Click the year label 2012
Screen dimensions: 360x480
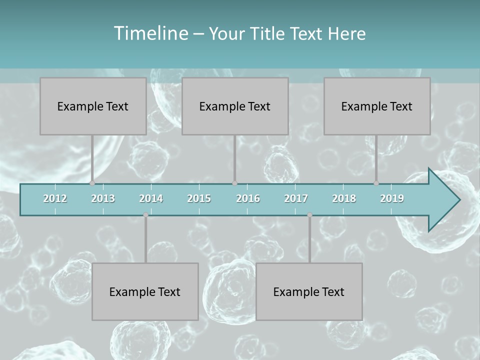[x=55, y=198]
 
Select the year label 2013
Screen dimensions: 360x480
[x=103, y=198]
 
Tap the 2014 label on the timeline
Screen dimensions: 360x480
[x=151, y=198]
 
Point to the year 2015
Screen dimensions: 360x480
[x=199, y=198]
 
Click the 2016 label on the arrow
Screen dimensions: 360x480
[x=248, y=198]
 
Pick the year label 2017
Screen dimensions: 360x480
[x=296, y=198]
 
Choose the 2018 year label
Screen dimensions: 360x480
[x=344, y=198]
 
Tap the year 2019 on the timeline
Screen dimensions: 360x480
[x=392, y=198]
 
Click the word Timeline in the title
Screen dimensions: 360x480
[x=150, y=33]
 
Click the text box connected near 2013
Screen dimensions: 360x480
[x=93, y=106]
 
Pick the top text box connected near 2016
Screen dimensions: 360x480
[x=235, y=106]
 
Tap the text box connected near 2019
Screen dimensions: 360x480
[x=377, y=106]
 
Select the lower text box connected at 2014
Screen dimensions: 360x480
[x=145, y=291]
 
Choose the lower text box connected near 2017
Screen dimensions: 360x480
[x=309, y=291]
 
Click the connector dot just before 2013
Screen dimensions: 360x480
[x=92, y=183]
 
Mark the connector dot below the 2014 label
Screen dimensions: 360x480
[x=145, y=215]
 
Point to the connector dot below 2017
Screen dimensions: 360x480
[x=309, y=215]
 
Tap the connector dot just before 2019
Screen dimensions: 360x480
[x=376, y=183]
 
